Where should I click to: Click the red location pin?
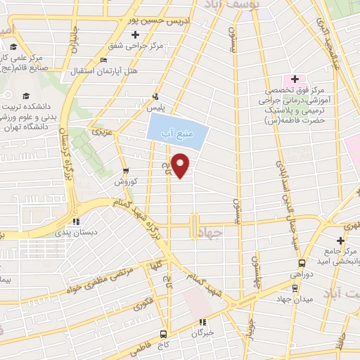pyautogui.click(x=181, y=164)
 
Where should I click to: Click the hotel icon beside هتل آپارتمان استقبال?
pyautogui.click(x=105, y=60)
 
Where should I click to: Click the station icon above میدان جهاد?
pyautogui.click(x=293, y=288)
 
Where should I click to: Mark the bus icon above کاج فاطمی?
pyautogui.click(x=163, y=334)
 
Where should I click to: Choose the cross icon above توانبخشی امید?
pyautogui.click(x=340, y=240)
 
